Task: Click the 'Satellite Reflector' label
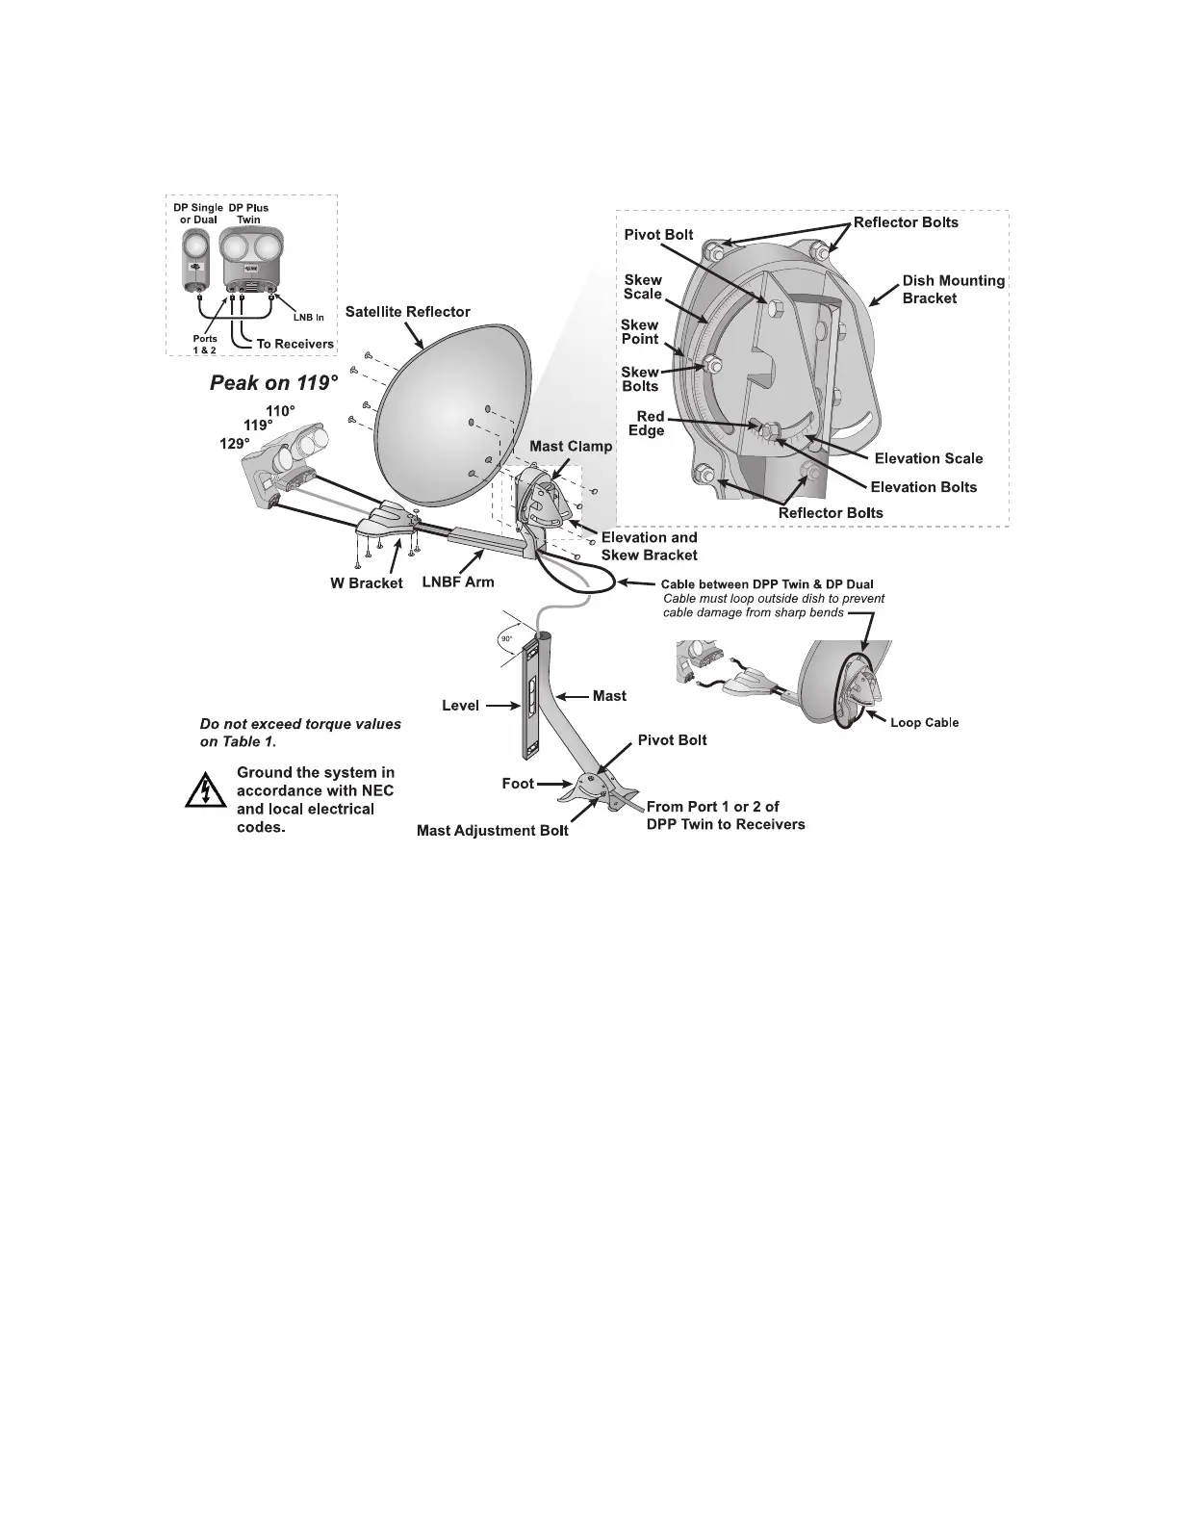(408, 312)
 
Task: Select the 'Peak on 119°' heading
(274, 383)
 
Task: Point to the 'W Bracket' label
(367, 583)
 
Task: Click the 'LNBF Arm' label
(458, 582)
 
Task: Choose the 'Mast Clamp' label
(571, 447)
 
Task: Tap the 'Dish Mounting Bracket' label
(953, 290)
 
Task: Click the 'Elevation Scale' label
(929, 458)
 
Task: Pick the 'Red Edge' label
(649, 424)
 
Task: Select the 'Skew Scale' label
(643, 287)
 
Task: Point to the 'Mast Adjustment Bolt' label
(492, 830)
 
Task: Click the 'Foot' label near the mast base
(518, 784)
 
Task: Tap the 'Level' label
(460, 706)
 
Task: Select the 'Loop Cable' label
(924, 722)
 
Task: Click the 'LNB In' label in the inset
(308, 318)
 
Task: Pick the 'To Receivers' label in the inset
(294, 344)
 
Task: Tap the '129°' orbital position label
(236, 444)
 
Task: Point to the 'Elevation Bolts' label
(923, 487)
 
